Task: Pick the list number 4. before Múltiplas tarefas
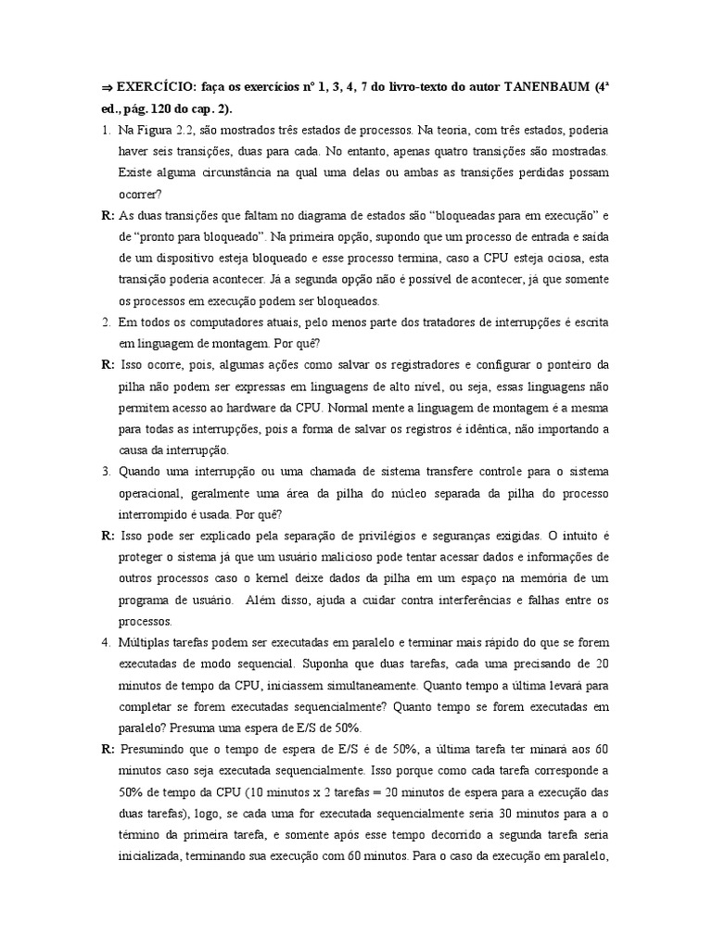pos(106,642)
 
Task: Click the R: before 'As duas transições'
pos(107,215)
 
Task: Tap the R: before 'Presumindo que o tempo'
pos(108,749)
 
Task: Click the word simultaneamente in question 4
pos(367,685)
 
